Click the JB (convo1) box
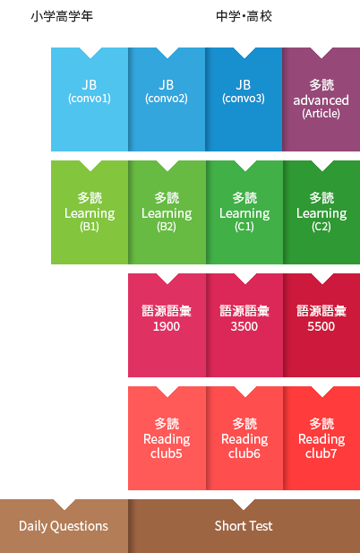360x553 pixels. (90, 99)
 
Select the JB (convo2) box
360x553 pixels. (167, 99)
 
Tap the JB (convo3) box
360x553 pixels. (244, 99)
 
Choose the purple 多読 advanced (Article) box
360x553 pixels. (321, 99)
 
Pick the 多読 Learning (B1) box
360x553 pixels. (90, 212)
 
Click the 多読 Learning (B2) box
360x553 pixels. (167, 212)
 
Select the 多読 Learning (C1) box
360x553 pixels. (244, 212)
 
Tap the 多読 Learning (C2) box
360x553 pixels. (321, 212)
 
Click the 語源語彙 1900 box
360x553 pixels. (167, 325)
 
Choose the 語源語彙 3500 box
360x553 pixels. (244, 325)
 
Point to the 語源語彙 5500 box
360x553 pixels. (321, 325)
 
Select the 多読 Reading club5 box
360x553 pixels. (167, 438)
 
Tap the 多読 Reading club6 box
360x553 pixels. (244, 438)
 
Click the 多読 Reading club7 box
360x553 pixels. (321, 438)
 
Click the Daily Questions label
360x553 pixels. (64, 526)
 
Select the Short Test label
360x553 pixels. (244, 526)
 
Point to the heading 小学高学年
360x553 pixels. (62, 16)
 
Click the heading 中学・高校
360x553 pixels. (244, 16)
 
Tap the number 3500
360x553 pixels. (244, 326)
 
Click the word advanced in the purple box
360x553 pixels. (321, 100)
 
